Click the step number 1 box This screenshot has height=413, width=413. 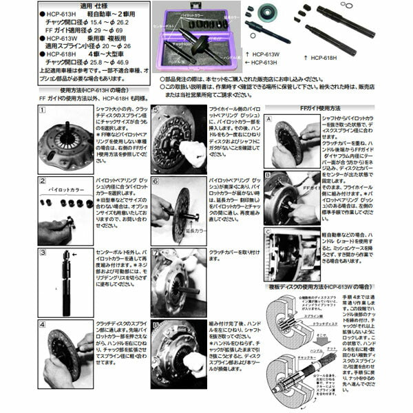43,110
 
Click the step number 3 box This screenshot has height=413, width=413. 43,253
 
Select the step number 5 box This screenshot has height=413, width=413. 156,110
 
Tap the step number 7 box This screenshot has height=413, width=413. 156,253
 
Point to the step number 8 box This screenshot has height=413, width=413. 156,323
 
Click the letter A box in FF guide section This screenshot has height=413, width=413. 268,118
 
